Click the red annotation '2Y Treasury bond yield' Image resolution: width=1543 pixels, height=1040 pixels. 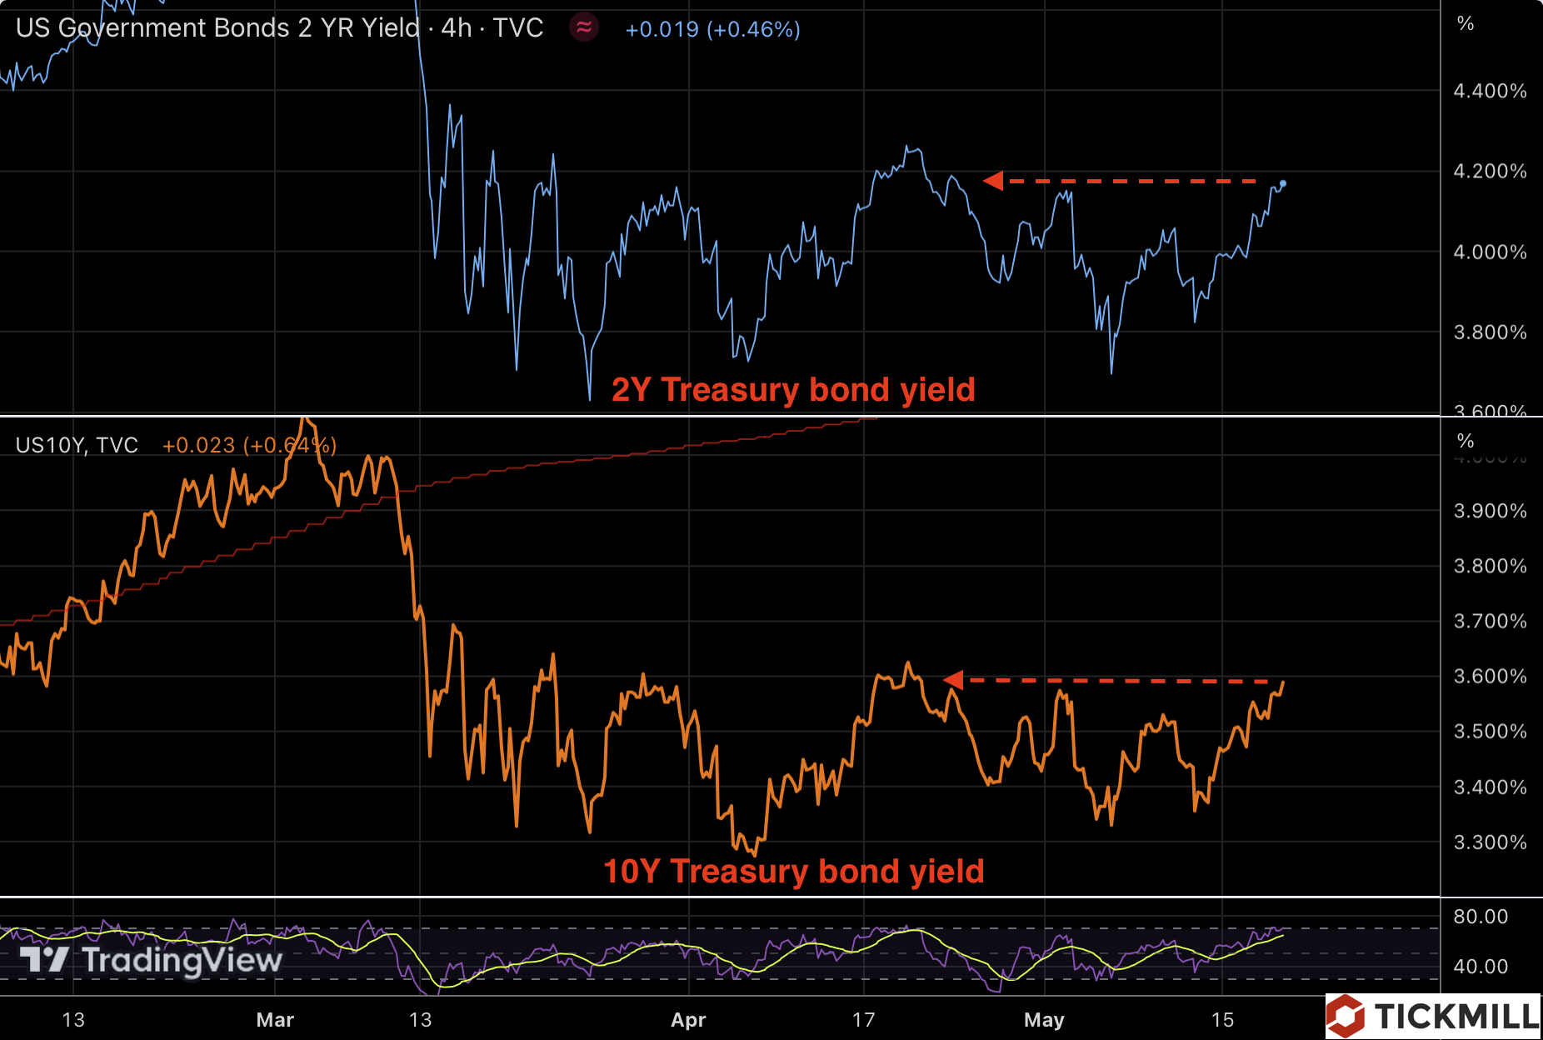tap(793, 390)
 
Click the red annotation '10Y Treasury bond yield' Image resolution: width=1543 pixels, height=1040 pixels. tap(793, 872)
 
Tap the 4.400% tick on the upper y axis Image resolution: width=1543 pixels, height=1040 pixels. tap(1490, 91)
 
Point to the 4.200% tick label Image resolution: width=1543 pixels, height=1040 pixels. tap(1490, 172)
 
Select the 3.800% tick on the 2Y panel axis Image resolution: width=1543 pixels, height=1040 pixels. tap(1490, 332)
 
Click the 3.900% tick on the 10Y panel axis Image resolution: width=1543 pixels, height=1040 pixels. tap(1490, 511)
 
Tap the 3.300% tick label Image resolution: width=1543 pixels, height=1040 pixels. tap(1490, 842)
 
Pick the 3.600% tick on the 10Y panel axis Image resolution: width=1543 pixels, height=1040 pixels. tap(1490, 677)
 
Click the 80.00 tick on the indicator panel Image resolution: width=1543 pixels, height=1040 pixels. tap(1481, 917)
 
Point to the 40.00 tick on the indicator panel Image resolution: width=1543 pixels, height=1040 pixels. tap(1481, 967)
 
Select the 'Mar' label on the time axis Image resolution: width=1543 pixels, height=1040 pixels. tap(275, 1020)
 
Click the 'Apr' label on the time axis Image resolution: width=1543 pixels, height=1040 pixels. tap(688, 1020)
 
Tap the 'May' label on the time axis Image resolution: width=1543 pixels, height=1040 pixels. tap(1044, 1020)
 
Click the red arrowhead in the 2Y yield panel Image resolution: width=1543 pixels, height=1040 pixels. tap(993, 181)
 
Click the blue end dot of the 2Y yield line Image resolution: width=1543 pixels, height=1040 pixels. tap(1283, 183)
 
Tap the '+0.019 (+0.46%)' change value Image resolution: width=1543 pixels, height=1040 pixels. tap(712, 30)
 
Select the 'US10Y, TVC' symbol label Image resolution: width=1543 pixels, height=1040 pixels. tap(77, 445)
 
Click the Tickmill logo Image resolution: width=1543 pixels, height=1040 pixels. tap(1433, 1016)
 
